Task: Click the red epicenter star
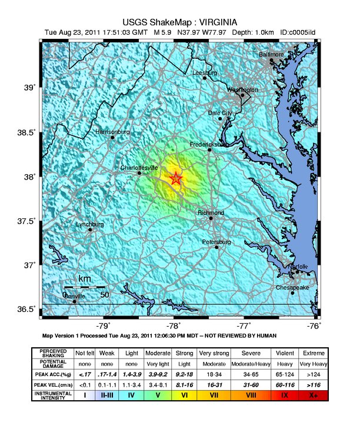click(x=175, y=178)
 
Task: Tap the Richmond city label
click(x=210, y=212)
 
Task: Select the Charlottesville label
click(x=139, y=167)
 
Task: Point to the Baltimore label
click(x=271, y=54)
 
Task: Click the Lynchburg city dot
click(x=90, y=230)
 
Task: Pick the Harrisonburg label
click(x=113, y=132)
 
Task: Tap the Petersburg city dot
click(x=216, y=247)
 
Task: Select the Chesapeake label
click(x=292, y=287)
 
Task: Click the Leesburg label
click(x=205, y=72)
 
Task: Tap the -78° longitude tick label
click(x=174, y=325)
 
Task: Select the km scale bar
click(x=84, y=286)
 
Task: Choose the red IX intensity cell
click(x=285, y=396)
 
